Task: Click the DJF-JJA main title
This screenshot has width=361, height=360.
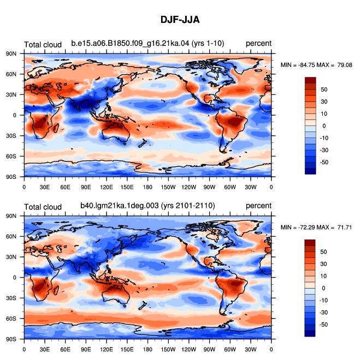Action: coord(180,20)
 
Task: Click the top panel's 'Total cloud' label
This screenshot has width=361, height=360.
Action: coord(43,45)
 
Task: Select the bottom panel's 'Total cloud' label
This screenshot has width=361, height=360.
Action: coord(43,207)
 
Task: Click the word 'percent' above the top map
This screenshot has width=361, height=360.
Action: coord(258,44)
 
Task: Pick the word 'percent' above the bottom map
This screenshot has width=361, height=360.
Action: coord(258,206)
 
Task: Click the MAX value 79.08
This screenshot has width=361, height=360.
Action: coord(345,65)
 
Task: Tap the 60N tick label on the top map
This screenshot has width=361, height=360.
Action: coord(11,74)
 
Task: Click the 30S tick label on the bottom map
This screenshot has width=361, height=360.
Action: coord(11,298)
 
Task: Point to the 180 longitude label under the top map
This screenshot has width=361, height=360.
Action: coord(147,187)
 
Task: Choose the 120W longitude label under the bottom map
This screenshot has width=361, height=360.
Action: coord(189,350)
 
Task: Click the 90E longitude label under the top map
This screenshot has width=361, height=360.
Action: coord(86,187)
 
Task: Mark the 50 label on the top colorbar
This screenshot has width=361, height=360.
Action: coord(324,89)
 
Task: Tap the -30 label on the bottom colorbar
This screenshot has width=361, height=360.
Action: coord(324,313)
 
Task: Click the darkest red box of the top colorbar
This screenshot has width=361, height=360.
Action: coord(310,80)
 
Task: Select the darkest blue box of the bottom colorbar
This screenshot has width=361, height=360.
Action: coord(310,334)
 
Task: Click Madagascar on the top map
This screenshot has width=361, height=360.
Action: coord(56,128)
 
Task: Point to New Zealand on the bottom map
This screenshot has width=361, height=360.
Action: coord(143,305)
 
